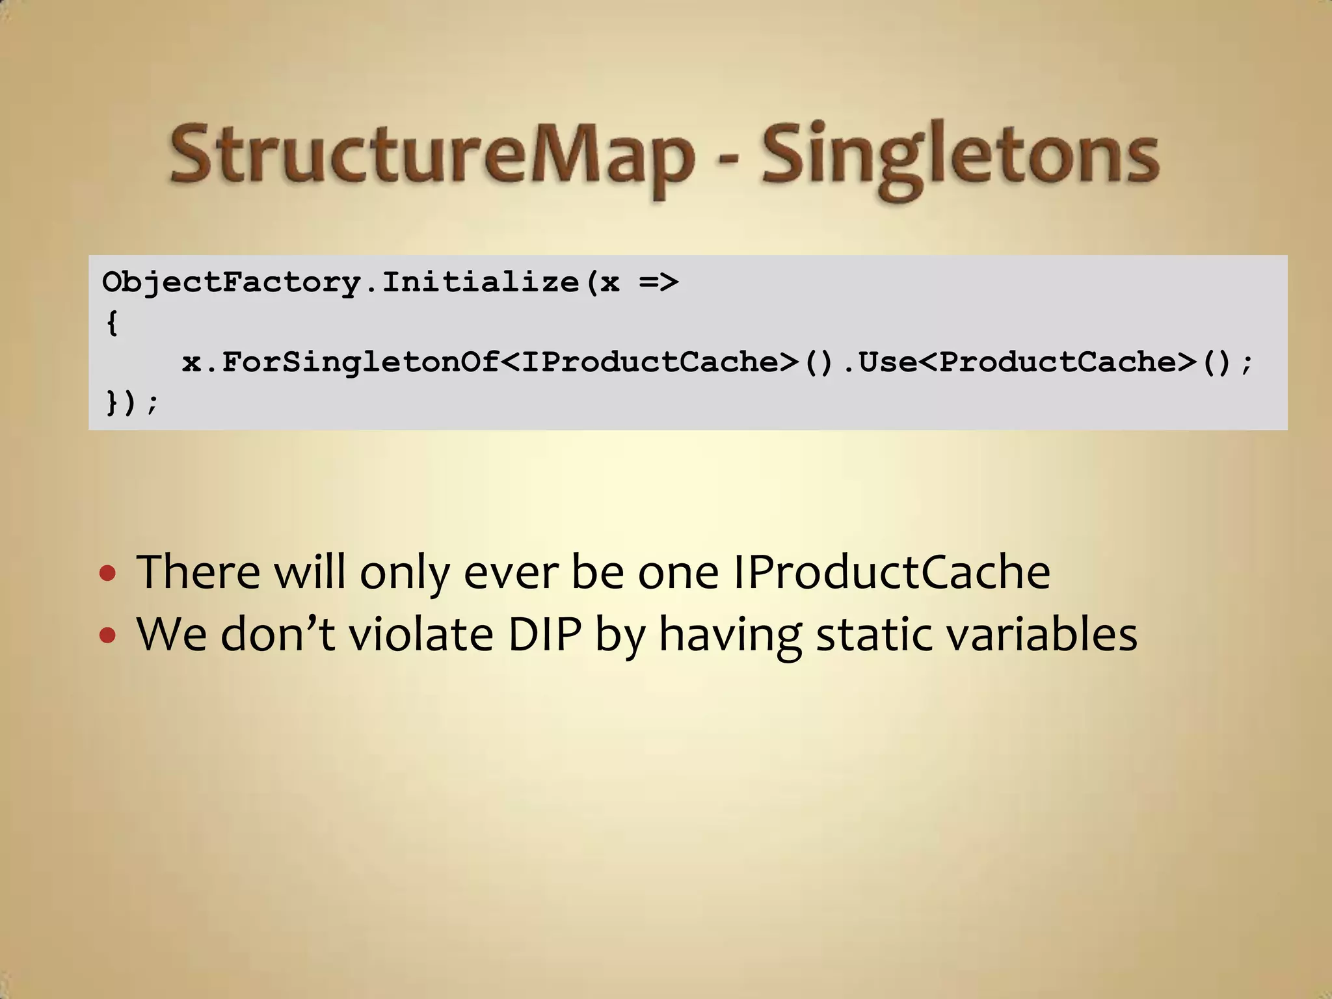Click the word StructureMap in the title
pos(429,156)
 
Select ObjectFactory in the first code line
pos(231,282)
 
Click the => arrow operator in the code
pos(658,282)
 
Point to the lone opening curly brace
pos(112,323)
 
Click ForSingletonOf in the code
pos(361,362)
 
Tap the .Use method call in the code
pos(879,362)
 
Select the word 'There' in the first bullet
pos(198,572)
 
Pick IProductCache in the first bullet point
pos(891,572)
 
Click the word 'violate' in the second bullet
pos(421,634)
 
